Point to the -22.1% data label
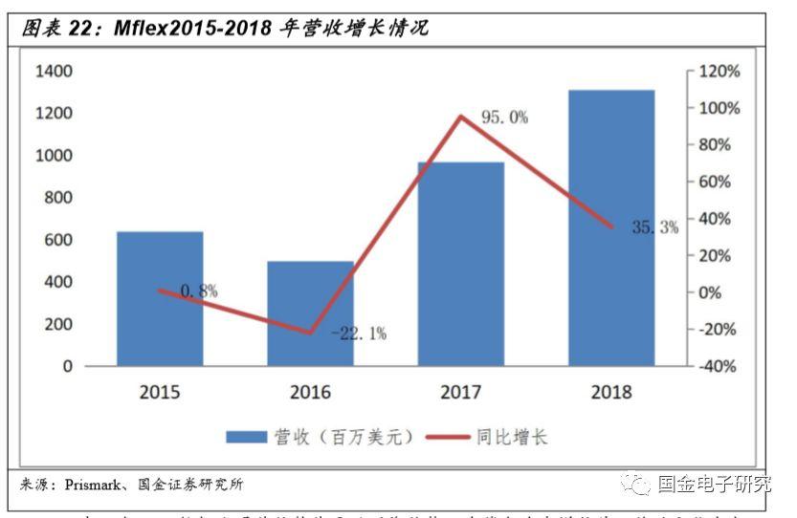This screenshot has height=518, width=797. pyautogui.click(x=359, y=334)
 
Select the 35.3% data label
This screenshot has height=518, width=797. pyautogui.click(x=654, y=227)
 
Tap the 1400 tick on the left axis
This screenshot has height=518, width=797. pyautogui.click(x=54, y=72)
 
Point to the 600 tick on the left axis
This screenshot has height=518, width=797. pyautogui.click(x=58, y=240)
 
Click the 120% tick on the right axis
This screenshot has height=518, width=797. pyautogui.click(x=719, y=72)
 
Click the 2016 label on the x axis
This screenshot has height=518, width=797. pyautogui.click(x=310, y=392)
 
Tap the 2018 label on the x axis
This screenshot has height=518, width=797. pyautogui.click(x=611, y=392)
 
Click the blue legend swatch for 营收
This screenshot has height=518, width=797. pyautogui.click(x=245, y=437)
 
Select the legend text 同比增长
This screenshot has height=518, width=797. pyautogui.click(x=512, y=437)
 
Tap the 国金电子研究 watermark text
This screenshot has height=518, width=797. pyautogui.click(x=714, y=484)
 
